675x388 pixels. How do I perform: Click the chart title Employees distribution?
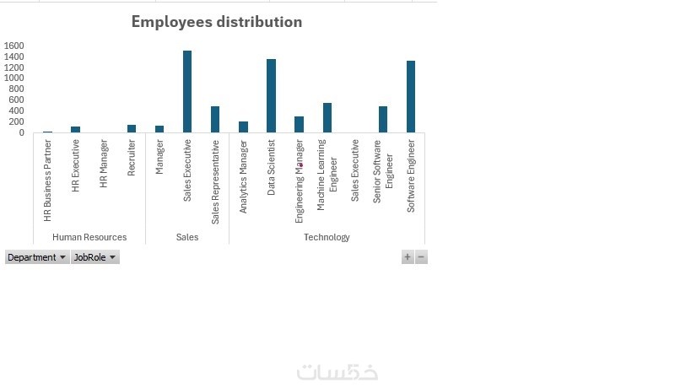click(x=217, y=22)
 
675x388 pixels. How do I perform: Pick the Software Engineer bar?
click(x=411, y=96)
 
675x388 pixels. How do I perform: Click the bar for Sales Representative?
click(x=215, y=119)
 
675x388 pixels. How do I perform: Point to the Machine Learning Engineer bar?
click(x=327, y=117)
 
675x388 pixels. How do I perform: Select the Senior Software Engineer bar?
click(x=383, y=119)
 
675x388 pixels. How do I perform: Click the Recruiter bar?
click(x=132, y=128)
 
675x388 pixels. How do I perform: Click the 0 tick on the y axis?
click(x=22, y=132)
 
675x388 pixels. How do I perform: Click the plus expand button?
click(x=408, y=257)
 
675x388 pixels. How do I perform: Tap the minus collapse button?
click(x=421, y=257)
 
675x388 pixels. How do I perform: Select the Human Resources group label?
click(x=89, y=237)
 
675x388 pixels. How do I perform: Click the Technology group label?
click(x=327, y=237)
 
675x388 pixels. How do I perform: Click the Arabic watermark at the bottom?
click(x=337, y=372)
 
